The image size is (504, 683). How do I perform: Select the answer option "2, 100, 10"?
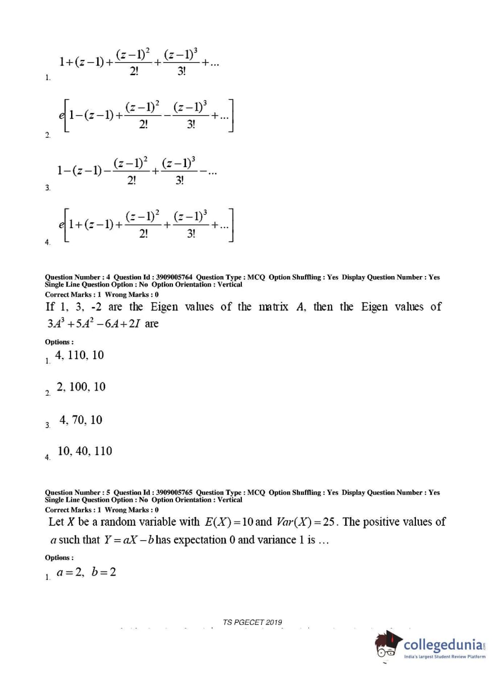(x=81, y=387)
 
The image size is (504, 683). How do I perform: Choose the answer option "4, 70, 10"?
(x=81, y=420)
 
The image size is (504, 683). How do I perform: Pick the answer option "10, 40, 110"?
(x=85, y=451)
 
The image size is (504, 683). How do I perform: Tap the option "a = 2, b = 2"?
(x=86, y=572)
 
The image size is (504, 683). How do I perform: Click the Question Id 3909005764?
(x=174, y=277)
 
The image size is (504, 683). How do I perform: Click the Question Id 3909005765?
(x=174, y=492)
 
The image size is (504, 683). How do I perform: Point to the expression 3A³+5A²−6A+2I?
(x=94, y=324)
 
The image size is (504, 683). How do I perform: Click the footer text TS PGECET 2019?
(x=253, y=622)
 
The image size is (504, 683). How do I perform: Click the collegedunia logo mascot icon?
(x=388, y=644)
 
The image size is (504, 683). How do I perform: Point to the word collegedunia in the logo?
(x=444, y=645)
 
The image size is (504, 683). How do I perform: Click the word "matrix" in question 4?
(x=273, y=307)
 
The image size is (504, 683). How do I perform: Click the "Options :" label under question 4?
(x=59, y=342)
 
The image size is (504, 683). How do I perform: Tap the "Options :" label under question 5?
(x=59, y=558)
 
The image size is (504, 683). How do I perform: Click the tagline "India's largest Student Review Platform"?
(x=445, y=657)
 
